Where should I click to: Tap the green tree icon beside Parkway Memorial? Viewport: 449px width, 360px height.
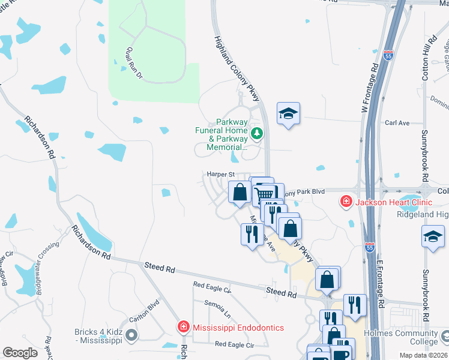257,133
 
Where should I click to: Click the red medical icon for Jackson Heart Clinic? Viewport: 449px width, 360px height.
346,202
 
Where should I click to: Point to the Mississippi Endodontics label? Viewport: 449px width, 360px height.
238,328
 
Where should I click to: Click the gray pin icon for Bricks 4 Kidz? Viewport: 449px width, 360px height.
133,335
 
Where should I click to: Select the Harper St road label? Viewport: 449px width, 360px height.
220,174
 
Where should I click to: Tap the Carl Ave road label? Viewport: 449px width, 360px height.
397,123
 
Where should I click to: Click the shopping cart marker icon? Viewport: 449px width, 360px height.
265,194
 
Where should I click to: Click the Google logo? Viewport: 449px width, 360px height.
20,353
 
